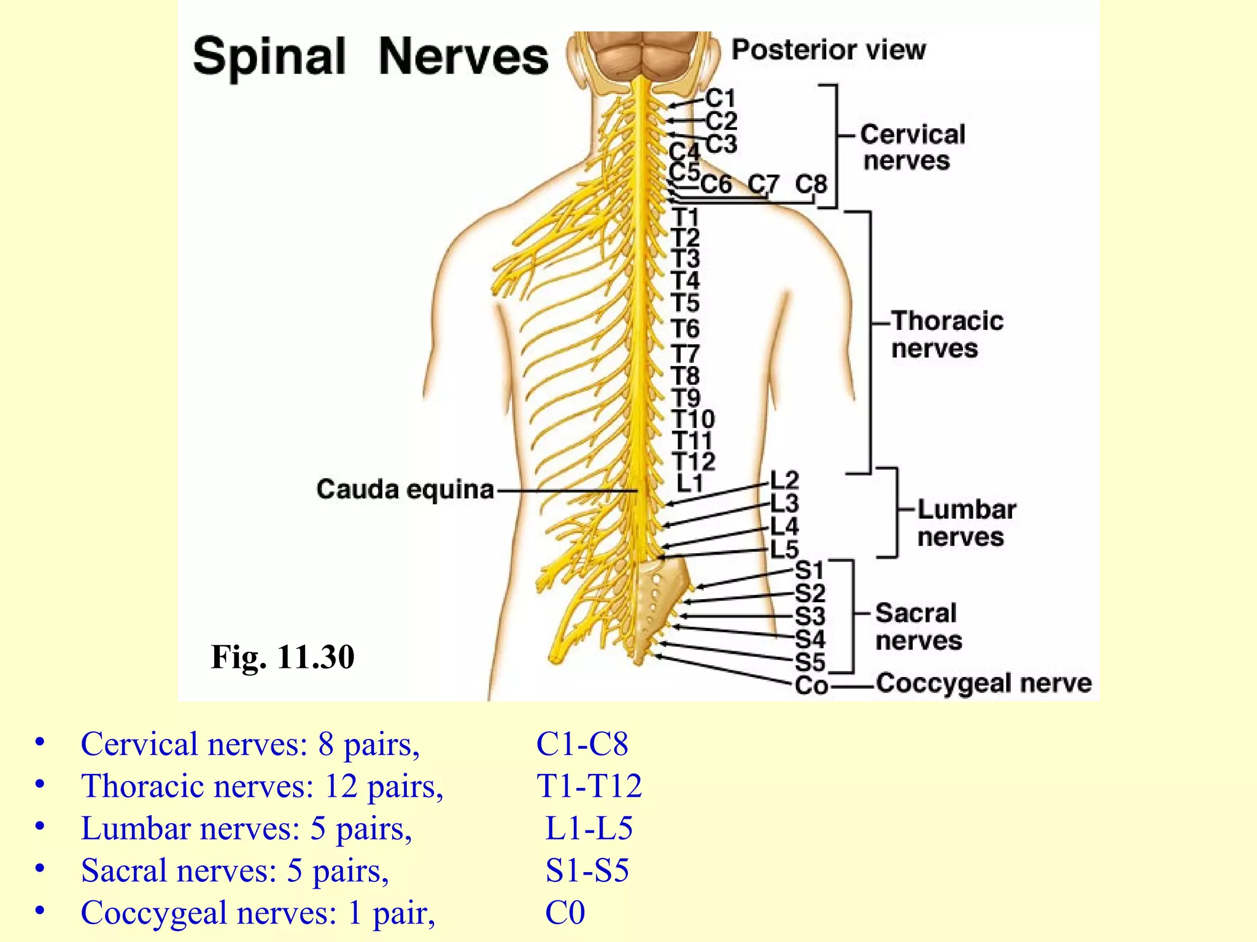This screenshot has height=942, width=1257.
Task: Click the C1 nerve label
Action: [x=720, y=98]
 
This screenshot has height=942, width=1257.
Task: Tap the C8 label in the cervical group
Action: [x=811, y=184]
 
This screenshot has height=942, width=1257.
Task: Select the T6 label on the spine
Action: [x=685, y=329]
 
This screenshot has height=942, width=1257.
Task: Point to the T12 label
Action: [x=694, y=461]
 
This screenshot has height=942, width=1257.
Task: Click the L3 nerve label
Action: [x=784, y=504]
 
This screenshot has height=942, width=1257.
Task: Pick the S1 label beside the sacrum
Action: [x=810, y=570]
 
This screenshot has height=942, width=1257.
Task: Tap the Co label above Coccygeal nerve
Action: [x=811, y=685]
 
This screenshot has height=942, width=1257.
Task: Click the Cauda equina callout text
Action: [x=405, y=489]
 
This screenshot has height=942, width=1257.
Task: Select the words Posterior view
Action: [x=829, y=50]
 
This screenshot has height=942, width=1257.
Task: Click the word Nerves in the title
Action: [x=463, y=56]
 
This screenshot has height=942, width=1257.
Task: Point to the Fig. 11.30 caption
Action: [x=282, y=657]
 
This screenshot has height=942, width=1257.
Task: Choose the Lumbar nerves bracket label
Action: [x=965, y=523]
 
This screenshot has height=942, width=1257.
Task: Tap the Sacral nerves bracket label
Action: [x=918, y=626]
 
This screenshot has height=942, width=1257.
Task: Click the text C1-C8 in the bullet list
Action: [x=582, y=744]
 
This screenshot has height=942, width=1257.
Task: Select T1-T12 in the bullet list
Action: [x=589, y=786]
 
